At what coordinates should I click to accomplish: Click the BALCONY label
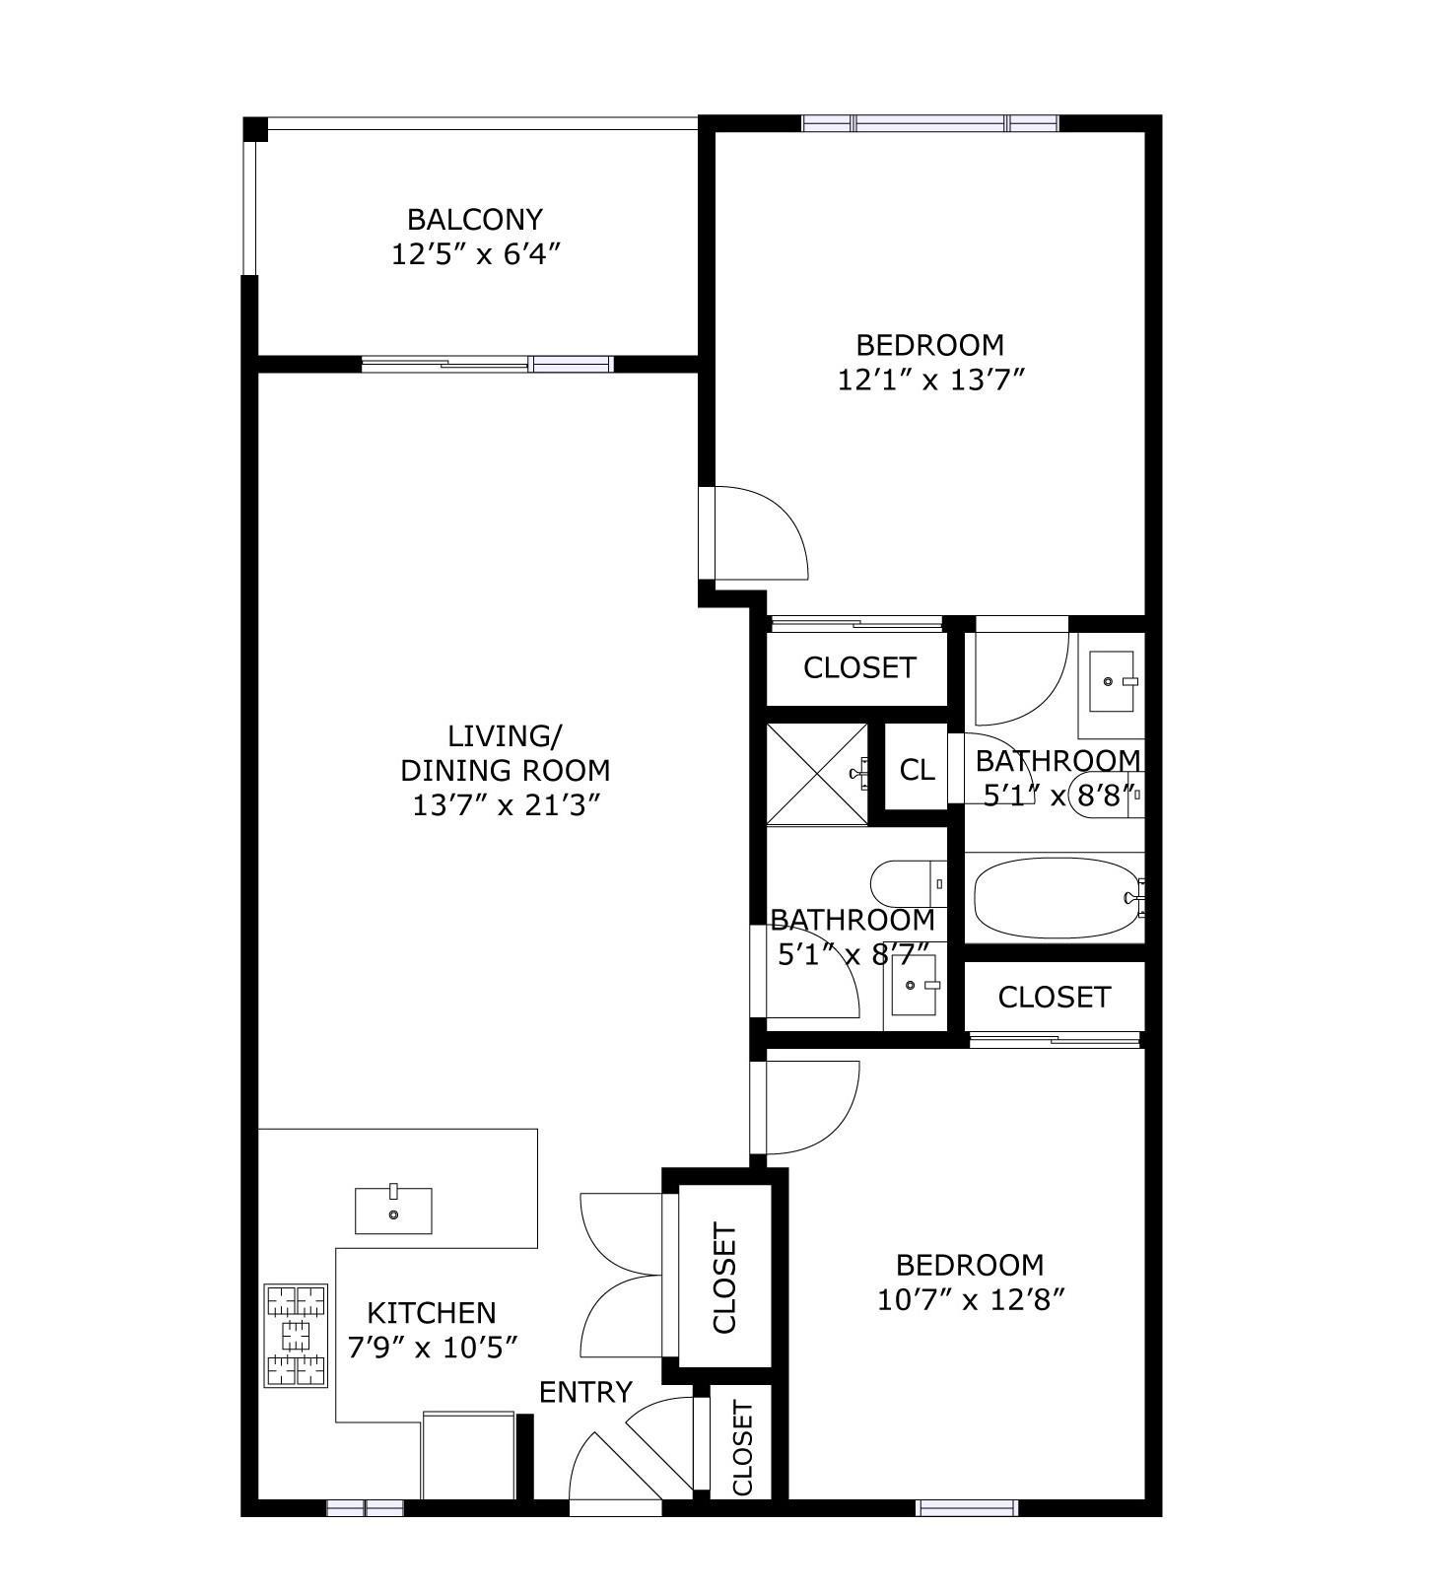coord(475,219)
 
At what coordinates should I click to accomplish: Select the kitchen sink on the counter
coord(393,1210)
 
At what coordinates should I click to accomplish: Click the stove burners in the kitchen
coord(296,1336)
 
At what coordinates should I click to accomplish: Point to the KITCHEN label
coord(432,1313)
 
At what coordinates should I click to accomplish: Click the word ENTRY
coord(585,1392)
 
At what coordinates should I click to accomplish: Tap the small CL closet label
coord(917,770)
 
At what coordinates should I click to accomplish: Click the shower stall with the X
coord(817,775)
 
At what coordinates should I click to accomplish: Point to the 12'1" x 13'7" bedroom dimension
coord(931,380)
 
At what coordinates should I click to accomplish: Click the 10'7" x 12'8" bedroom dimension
coord(971,1300)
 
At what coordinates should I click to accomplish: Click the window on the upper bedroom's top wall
coord(930,123)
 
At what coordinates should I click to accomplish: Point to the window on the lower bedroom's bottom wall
coord(967,1507)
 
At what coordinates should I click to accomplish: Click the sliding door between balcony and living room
coord(488,364)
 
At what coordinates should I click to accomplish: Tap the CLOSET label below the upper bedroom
coord(859,668)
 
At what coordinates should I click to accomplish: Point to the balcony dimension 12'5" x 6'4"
coord(476,254)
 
